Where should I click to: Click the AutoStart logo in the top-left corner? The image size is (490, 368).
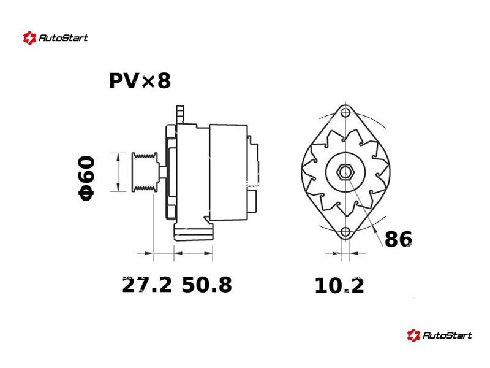[x=56, y=38]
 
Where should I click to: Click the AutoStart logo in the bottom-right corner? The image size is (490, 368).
[x=439, y=335]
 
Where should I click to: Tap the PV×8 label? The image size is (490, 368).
[x=140, y=81]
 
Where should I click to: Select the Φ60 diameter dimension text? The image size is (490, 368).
[x=86, y=178]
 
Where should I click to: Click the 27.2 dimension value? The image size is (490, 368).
[x=147, y=285]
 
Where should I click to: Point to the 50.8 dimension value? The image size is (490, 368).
[x=207, y=285]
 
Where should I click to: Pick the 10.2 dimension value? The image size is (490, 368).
[x=339, y=285]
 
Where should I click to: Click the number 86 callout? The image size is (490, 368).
[x=398, y=239]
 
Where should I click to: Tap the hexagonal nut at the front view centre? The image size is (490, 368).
[x=345, y=172]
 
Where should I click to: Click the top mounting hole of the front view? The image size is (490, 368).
[x=345, y=113]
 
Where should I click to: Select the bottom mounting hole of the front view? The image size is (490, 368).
[x=345, y=232]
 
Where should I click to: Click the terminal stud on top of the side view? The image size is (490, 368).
[x=179, y=114]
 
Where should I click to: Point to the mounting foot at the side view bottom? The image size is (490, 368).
[x=194, y=233]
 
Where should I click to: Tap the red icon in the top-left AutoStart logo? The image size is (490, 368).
[x=29, y=38]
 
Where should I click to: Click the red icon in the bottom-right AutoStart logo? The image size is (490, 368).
[x=413, y=335]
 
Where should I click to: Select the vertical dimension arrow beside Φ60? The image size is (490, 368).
[x=118, y=172]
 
